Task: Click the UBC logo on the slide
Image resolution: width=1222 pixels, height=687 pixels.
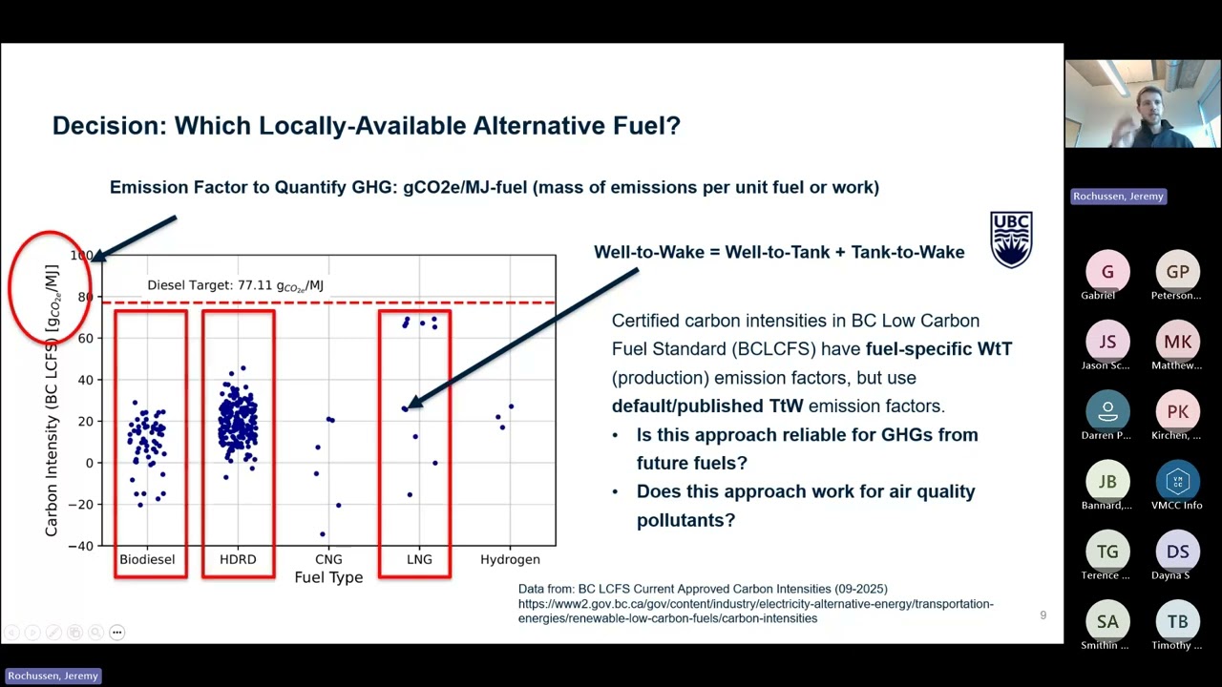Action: point(1011,239)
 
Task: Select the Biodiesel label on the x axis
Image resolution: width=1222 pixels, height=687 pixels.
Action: point(147,559)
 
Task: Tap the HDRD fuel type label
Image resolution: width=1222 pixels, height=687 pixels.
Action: point(238,559)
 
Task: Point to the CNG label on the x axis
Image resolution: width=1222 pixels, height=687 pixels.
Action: point(328,559)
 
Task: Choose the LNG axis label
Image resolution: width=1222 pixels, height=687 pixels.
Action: point(419,559)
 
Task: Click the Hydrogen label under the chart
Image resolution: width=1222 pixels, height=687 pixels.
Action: point(510,559)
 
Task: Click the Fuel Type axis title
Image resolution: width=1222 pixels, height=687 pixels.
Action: point(328,577)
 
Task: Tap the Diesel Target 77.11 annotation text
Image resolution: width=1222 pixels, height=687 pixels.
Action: point(235,285)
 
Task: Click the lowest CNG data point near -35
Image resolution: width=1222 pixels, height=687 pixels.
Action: point(323,534)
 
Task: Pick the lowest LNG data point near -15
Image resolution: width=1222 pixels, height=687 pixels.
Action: point(410,494)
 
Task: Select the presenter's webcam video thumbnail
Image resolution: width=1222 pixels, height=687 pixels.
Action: point(1142,104)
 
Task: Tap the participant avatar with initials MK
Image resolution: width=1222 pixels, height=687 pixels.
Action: point(1177,342)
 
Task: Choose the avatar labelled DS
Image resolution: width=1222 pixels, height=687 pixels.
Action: point(1177,552)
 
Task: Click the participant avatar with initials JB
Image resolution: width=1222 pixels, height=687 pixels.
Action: point(1107,482)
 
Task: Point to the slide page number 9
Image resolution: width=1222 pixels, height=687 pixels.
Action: point(1043,615)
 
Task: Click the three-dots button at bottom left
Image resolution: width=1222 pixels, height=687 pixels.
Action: point(117,632)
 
